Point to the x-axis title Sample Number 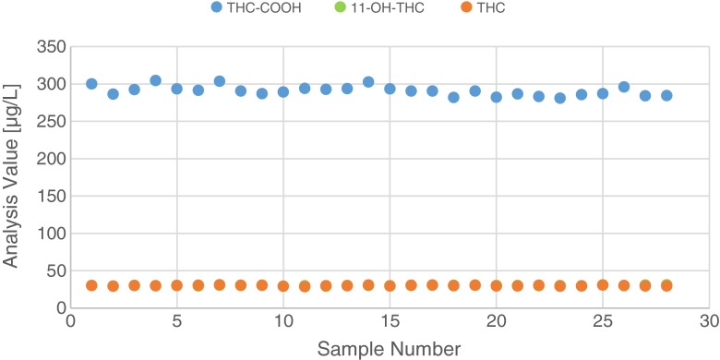pos(390,349)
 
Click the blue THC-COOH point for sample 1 pos(91,84)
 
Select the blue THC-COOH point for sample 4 pos(155,80)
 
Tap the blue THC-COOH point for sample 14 pos(368,82)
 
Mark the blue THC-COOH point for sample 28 pos(666,96)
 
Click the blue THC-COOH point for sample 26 pos(624,87)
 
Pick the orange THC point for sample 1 pos(91,285)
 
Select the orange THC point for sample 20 pos(496,286)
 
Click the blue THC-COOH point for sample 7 pos(220,81)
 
